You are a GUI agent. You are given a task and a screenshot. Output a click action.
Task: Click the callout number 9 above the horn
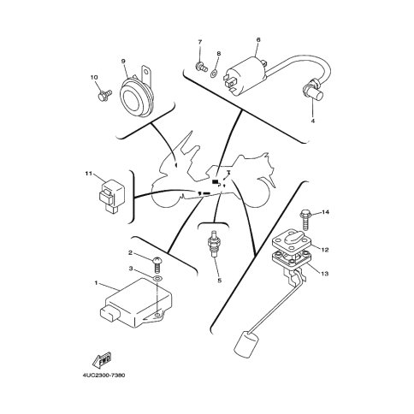point(123,61)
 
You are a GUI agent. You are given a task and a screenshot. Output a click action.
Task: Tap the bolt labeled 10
point(104,95)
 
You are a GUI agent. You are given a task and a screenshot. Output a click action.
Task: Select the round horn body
point(137,97)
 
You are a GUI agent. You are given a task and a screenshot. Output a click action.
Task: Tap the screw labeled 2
point(157,264)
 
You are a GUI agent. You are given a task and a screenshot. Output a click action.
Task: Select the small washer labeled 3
point(157,278)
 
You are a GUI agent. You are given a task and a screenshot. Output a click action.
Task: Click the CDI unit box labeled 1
point(136,303)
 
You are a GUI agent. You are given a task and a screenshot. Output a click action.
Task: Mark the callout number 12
point(325,250)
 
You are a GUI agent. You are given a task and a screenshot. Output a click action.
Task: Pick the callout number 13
point(325,274)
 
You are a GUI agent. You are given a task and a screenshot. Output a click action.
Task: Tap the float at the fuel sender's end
point(246,343)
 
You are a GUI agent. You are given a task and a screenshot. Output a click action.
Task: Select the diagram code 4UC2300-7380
point(103,375)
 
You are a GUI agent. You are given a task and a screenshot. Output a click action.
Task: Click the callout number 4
point(313,121)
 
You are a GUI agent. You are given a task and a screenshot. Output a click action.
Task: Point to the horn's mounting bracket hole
point(146,70)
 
